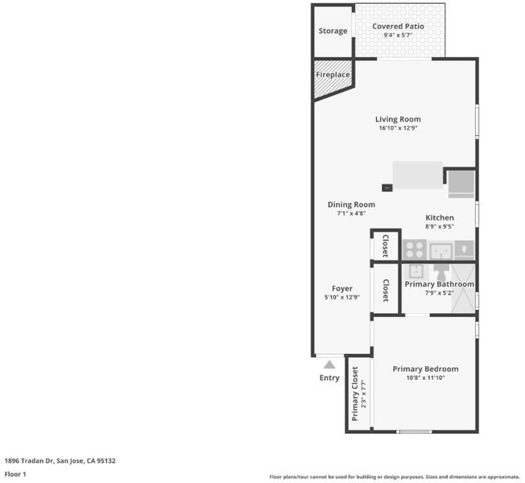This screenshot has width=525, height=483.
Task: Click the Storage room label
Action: (333, 31)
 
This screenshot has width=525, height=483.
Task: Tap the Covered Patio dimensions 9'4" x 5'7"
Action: (398, 35)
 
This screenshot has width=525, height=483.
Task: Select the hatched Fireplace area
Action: (333, 79)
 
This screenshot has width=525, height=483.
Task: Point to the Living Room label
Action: (398, 119)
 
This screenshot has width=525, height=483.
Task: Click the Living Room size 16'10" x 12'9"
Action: (398, 128)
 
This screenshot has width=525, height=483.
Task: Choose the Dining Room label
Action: (351, 204)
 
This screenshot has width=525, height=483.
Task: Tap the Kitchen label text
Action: (440, 217)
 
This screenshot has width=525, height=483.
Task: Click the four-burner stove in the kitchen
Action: (415, 250)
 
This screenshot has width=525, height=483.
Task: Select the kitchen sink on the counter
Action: (441, 251)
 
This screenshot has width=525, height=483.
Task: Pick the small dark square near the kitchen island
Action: (387, 188)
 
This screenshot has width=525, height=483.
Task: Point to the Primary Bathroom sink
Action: (415, 271)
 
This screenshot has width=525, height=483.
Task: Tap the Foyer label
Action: (342, 288)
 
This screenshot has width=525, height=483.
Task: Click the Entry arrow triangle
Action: (329, 365)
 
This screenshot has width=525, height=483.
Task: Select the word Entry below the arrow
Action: (329, 378)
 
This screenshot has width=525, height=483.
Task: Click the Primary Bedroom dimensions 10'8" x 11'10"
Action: (425, 378)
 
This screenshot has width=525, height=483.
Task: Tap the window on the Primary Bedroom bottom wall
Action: (414, 431)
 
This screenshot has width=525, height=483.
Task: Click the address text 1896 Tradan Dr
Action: (29, 460)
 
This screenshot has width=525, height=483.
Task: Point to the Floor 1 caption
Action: (15, 474)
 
